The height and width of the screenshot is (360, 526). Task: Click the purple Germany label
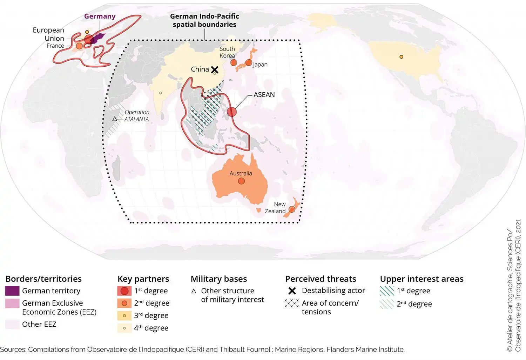(x=100, y=16)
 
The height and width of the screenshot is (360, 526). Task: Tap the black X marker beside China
(x=215, y=70)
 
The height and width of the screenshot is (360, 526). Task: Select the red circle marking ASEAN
(x=231, y=112)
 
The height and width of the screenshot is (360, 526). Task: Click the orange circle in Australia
(x=241, y=181)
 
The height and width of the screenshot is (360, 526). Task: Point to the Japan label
(x=260, y=65)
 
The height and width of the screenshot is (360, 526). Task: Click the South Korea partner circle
(x=234, y=63)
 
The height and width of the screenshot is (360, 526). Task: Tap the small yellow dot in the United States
(x=401, y=57)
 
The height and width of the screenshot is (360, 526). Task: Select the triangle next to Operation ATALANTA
(x=115, y=119)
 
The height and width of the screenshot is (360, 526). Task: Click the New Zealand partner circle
(x=291, y=209)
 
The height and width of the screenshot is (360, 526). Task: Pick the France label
(x=55, y=46)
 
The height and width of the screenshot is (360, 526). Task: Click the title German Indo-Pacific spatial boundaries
(x=204, y=20)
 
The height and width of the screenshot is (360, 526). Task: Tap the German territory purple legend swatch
(x=12, y=291)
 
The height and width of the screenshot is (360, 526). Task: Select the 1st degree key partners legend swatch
(x=124, y=291)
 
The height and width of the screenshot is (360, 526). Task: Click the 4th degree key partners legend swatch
(x=124, y=328)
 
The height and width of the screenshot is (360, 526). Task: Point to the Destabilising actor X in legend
(x=292, y=291)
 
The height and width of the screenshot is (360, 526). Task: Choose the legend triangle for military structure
(x=194, y=291)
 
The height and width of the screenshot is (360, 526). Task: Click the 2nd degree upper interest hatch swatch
(x=387, y=304)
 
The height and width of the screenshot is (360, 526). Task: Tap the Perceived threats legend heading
(x=321, y=279)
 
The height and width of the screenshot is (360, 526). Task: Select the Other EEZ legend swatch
(x=12, y=324)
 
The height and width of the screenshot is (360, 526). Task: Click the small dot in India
(x=161, y=93)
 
